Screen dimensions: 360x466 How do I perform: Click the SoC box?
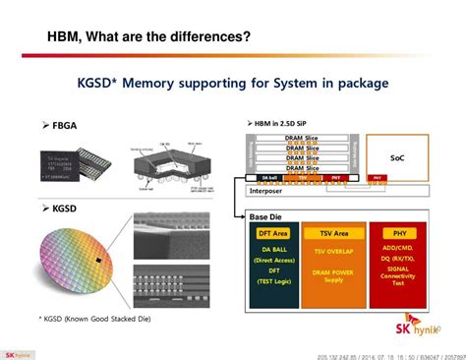point(398,155)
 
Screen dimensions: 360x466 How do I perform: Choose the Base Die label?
point(266,215)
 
